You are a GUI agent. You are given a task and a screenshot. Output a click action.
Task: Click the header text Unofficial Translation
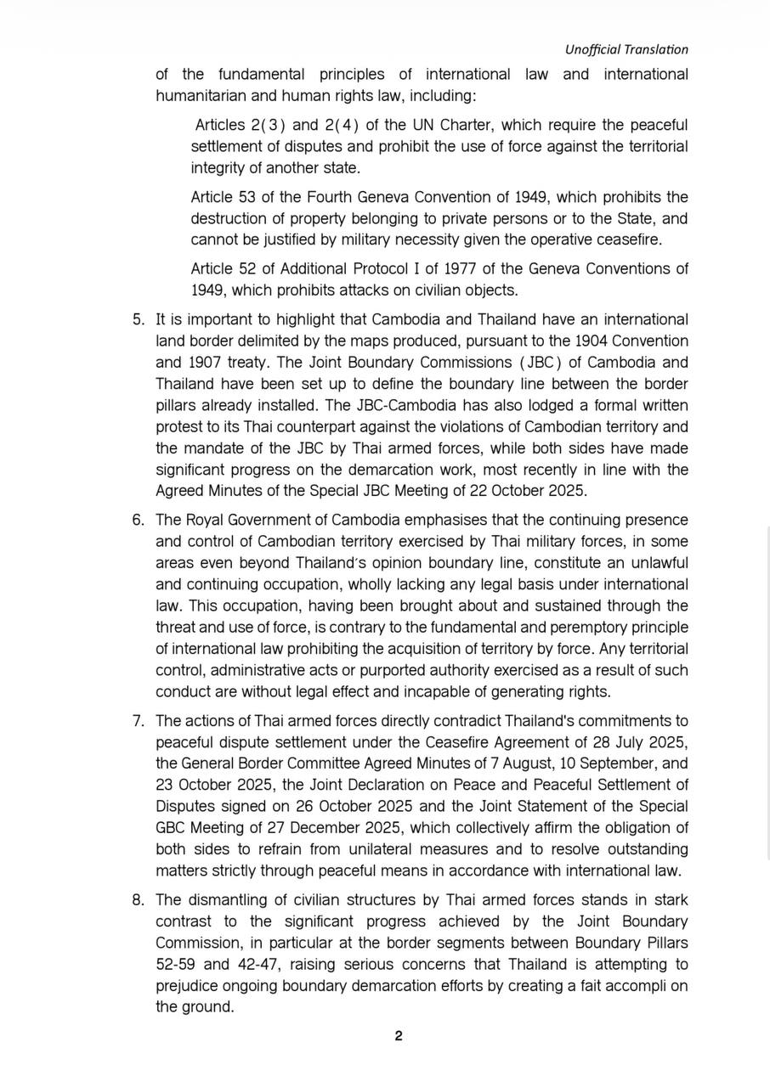(626, 49)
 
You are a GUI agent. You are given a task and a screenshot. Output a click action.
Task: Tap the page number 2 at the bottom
(398, 1035)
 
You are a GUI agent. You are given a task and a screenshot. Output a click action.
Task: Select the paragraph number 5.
(139, 319)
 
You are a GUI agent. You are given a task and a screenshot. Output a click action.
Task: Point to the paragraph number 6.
(139, 520)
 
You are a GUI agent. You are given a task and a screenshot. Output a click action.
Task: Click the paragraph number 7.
(139, 721)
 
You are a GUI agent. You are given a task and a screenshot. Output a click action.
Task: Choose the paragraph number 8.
(139, 900)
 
